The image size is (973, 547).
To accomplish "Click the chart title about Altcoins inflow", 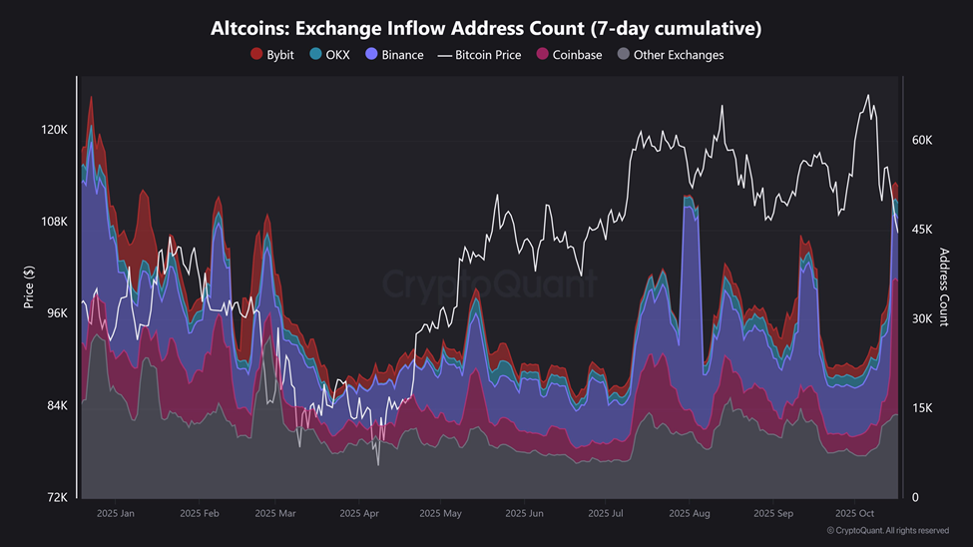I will point(486,28).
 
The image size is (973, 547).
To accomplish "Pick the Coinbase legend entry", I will point(569,55).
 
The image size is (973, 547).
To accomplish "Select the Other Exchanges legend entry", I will point(671,55).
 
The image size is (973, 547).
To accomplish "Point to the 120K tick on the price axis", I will point(53,130).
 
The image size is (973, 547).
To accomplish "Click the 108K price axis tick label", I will point(53,222).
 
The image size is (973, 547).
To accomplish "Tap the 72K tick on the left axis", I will point(55,497).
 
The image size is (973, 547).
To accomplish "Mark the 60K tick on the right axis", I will point(922,141).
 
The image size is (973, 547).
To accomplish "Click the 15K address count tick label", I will point(922,408).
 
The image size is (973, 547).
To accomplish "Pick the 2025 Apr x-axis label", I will point(359,514).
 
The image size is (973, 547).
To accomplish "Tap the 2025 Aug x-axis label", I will point(690,514).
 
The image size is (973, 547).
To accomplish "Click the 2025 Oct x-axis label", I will point(854,514).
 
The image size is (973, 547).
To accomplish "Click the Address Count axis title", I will point(944,287).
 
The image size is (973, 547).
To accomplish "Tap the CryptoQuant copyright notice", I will point(887,531).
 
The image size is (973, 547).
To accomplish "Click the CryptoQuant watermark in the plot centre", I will point(490,285).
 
